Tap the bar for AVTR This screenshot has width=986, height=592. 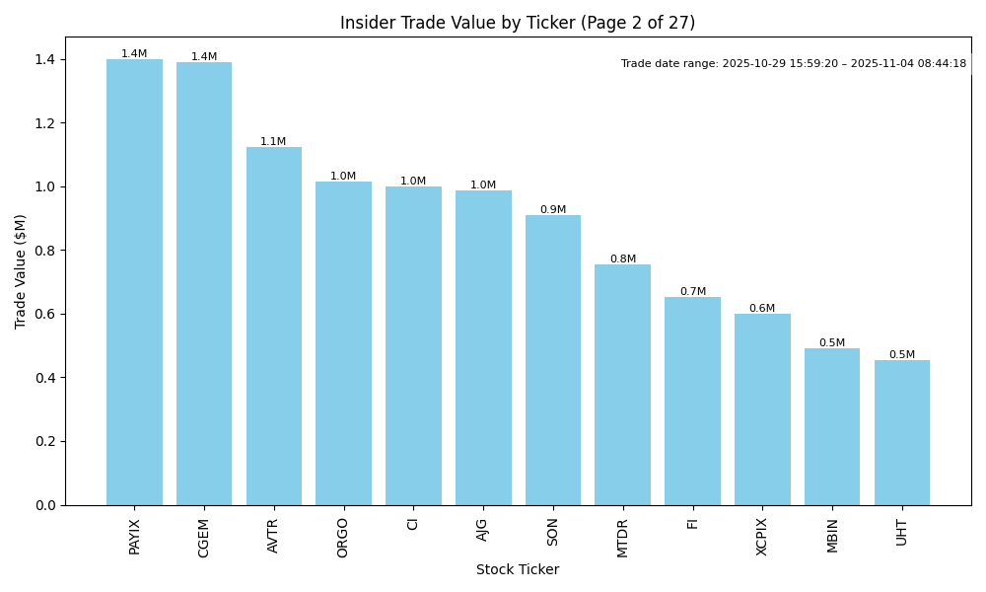[274, 326]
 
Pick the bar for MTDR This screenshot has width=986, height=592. [622, 385]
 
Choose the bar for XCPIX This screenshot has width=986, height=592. [762, 409]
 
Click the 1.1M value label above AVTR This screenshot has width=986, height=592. [273, 142]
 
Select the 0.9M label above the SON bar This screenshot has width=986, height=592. [553, 210]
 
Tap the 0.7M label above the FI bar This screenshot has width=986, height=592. [692, 292]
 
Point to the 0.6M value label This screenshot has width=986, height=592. [762, 309]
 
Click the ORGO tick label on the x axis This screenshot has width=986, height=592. [343, 537]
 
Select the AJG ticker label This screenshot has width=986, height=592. [482, 530]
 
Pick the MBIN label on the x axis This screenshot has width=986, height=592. [832, 535]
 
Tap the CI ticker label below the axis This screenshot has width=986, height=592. [413, 524]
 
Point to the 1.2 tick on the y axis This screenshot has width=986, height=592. [45, 123]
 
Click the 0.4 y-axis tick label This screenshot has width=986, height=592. [45, 378]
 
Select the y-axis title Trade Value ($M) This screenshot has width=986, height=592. [21, 271]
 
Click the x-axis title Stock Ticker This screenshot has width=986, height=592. [518, 570]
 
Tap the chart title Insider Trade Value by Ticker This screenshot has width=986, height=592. [518, 23]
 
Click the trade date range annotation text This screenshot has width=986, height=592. [794, 64]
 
